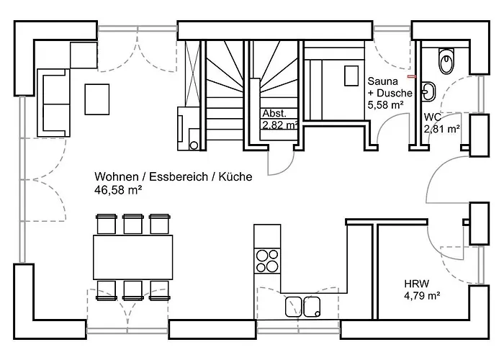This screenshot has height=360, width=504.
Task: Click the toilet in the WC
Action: pos(446,61)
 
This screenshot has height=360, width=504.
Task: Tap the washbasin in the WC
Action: pos(429,91)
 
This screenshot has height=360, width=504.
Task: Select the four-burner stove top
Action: pos(267,261)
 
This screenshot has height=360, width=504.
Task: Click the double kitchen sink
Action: pos(303,307)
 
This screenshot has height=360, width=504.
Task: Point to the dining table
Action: pos(132,257)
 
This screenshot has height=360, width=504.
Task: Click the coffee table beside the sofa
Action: pos(97,99)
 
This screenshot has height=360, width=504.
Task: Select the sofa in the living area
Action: pos(54,103)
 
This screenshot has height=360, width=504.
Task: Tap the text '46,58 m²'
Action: pos(118,190)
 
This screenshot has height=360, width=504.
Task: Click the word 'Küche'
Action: pos(235,177)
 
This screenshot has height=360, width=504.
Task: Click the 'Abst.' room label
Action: pos(274,113)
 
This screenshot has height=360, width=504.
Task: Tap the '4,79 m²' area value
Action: pos(422,295)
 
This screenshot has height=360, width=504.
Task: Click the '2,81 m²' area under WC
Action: pos(441,129)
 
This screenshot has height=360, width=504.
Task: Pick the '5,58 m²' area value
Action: pos(386,105)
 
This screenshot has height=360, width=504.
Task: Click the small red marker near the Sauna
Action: pos(412,76)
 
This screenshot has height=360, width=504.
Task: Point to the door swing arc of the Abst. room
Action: pos(286,168)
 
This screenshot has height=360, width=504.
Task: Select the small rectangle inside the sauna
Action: pos(351,76)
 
